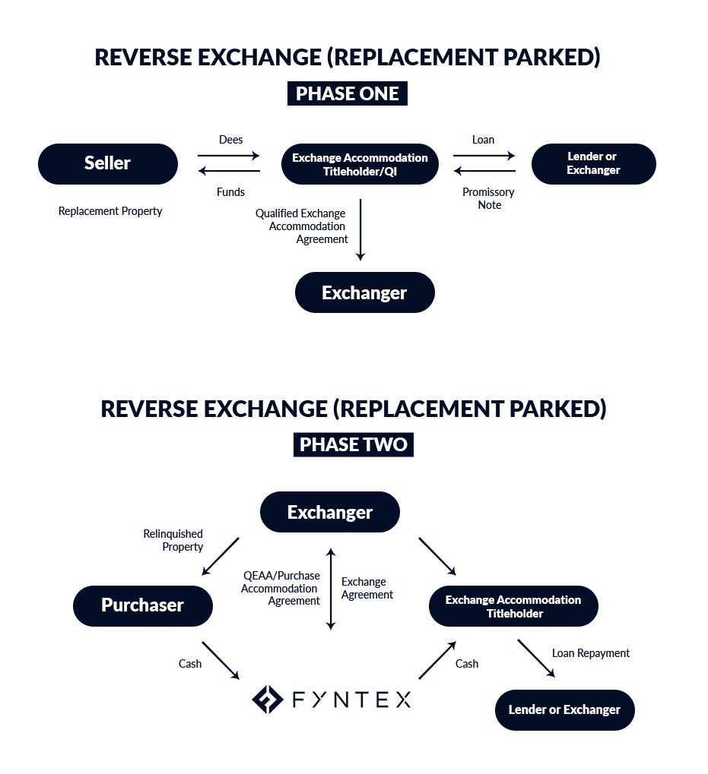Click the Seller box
[107, 163]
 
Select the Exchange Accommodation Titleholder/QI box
[360, 164]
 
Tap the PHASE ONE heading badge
[347, 93]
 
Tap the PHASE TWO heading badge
[353, 444]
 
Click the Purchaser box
[142, 605]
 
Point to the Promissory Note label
[489, 198]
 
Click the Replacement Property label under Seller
[110, 211]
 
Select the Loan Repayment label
[592, 653]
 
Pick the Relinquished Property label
[174, 541]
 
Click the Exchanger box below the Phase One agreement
[364, 292]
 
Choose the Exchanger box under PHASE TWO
[329, 512]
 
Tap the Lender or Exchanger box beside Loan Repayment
[564, 709]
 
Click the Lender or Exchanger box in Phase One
[593, 163]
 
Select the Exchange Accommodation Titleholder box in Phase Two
[513, 606]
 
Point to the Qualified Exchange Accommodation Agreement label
[303, 226]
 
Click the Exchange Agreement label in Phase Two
[367, 589]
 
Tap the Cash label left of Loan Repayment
[467, 663]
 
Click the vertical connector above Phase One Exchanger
[360, 229]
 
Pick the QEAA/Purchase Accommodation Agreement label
[281, 589]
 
